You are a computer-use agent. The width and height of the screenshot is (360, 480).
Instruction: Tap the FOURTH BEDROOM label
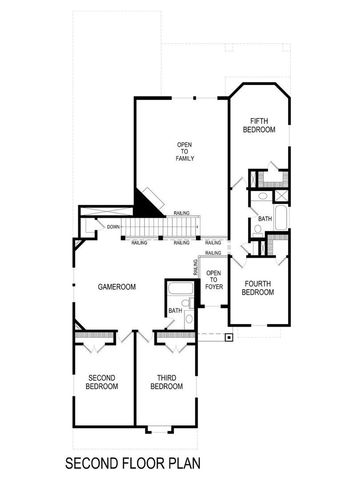pyautogui.click(x=258, y=288)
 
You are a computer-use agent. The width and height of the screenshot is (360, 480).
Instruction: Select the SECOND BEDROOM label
pyautogui.click(x=101, y=380)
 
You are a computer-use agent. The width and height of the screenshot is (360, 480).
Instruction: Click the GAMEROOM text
pyautogui.click(x=116, y=286)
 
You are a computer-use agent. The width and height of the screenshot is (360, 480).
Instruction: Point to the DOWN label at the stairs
pyautogui.click(x=112, y=227)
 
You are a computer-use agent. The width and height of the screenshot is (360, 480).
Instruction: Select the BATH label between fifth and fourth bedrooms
pyautogui.click(x=264, y=218)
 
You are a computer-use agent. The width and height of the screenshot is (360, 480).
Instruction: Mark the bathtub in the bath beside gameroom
pyautogui.click(x=180, y=293)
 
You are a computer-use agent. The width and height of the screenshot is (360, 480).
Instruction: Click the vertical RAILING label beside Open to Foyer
pyautogui.click(x=195, y=267)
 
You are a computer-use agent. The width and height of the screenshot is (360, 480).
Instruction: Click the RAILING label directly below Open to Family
pyautogui.click(x=182, y=212)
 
